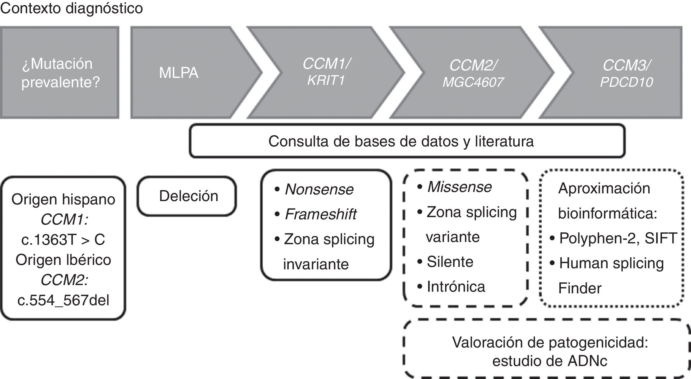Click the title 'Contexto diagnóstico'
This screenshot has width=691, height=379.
pyautogui.click(x=71, y=8)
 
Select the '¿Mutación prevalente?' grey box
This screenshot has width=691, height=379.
pyautogui.click(x=60, y=73)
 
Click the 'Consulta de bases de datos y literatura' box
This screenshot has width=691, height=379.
pyautogui.click(x=401, y=141)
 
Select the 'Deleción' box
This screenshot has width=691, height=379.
pyautogui.click(x=189, y=196)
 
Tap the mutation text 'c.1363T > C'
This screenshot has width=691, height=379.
pyautogui.click(x=63, y=239)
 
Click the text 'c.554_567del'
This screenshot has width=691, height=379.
pyautogui.click(x=63, y=300)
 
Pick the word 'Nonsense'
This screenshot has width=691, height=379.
pyautogui.click(x=319, y=189)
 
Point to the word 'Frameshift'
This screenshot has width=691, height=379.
pyautogui.click(x=321, y=214)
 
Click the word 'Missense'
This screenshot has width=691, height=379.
pyautogui.click(x=460, y=187)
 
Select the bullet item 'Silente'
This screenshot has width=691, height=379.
pyautogui.click(x=450, y=262)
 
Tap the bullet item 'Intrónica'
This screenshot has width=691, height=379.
pyautogui.click(x=456, y=286)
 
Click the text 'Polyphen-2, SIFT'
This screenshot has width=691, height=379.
pyautogui.click(x=618, y=238)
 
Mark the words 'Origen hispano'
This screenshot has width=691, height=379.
pyautogui.click(x=63, y=199)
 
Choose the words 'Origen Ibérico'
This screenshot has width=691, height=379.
pyautogui.click(x=63, y=260)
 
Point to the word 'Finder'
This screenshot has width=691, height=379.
pyautogui.click(x=580, y=288)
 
